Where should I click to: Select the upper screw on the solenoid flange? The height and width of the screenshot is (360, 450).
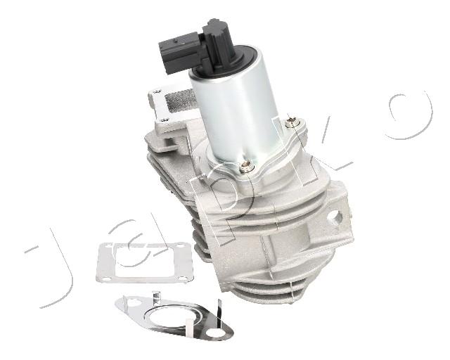coord(291,123)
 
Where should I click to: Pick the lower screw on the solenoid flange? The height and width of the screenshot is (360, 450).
coord(246,167)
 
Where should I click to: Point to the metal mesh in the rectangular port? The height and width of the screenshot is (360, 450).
coord(181,100)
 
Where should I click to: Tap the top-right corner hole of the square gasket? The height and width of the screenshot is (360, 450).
coord(180,245)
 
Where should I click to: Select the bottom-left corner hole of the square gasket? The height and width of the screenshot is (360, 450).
coord(106,279)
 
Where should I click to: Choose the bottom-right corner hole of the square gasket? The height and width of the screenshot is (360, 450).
coord(182,278)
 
